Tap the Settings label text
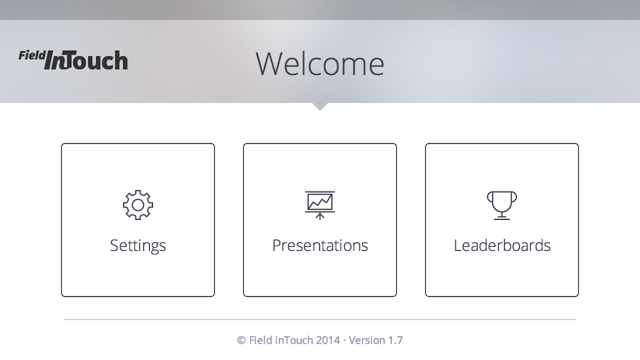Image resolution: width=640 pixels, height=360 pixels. click(x=138, y=246)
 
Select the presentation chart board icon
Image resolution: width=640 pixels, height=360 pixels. click(x=320, y=205)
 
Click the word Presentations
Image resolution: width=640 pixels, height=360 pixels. click(x=320, y=245)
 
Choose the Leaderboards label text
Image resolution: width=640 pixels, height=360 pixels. click(x=502, y=245)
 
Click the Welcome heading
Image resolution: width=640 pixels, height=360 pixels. click(x=320, y=64)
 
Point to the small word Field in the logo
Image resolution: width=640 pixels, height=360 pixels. click(x=32, y=55)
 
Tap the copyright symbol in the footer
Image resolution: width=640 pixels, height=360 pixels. click(x=241, y=340)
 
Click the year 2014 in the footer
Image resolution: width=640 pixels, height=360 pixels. click(x=328, y=340)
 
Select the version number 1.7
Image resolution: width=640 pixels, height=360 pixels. click(x=395, y=340)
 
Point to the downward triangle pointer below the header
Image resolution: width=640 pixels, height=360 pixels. click(x=320, y=106)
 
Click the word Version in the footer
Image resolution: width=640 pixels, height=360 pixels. click(x=367, y=340)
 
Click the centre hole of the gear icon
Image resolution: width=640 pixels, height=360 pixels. click(x=138, y=205)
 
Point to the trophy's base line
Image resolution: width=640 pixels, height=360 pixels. click(x=502, y=219)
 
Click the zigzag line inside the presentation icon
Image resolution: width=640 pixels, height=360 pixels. click(x=320, y=201)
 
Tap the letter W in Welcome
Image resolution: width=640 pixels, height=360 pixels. click(x=269, y=64)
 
